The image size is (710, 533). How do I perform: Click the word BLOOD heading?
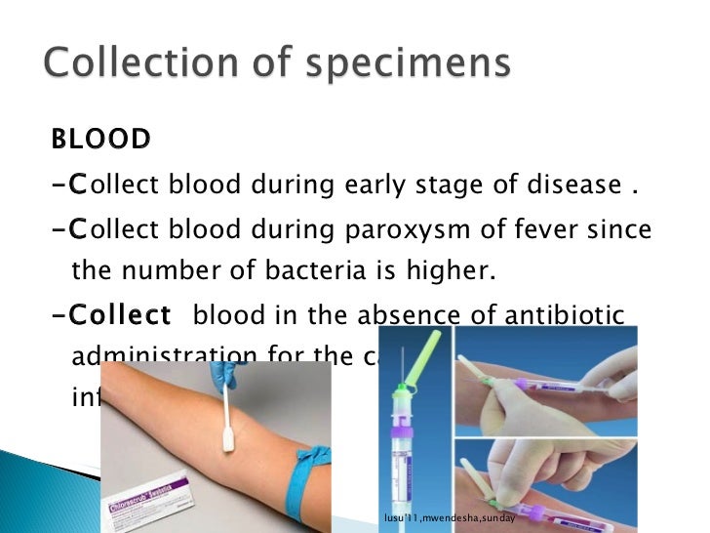(x=101, y=140)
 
